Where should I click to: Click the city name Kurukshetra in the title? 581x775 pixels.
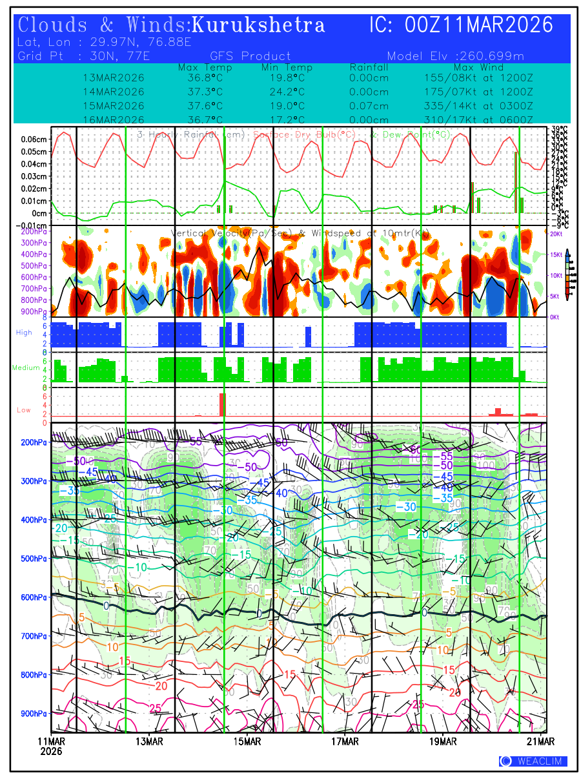pos(258,26)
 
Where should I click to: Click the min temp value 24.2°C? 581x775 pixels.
pos(287,92)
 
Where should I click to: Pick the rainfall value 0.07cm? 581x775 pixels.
pos(369,106)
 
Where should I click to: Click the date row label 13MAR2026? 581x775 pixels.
pos(114,77)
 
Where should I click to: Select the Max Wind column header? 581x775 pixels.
pos(478,67)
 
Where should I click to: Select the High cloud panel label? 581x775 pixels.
pos(24,332)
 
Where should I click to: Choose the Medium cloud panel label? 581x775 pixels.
pos(26,367)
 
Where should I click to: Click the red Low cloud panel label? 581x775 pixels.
pos(24,409)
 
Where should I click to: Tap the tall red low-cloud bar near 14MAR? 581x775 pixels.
pos(222,404)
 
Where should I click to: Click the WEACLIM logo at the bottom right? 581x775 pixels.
pos(533,761)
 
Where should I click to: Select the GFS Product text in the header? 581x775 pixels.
pos(250,56)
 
